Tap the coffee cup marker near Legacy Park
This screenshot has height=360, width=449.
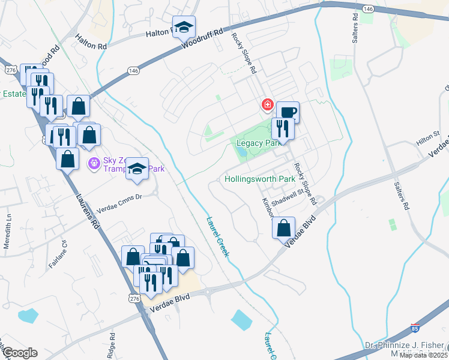point(288,112)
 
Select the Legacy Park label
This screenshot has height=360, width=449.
point(259,143)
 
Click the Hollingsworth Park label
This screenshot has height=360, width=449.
point(259,179)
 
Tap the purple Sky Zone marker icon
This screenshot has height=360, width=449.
point(94,163)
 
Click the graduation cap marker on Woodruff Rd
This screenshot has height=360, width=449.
point(184,27)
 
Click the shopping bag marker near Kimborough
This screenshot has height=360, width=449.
point(283,228)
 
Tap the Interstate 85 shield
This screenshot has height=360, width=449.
point(415,328)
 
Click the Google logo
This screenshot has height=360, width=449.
point(19,353)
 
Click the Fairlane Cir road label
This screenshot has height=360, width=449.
point(61,248)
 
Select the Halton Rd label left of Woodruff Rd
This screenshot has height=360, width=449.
point(91,41)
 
